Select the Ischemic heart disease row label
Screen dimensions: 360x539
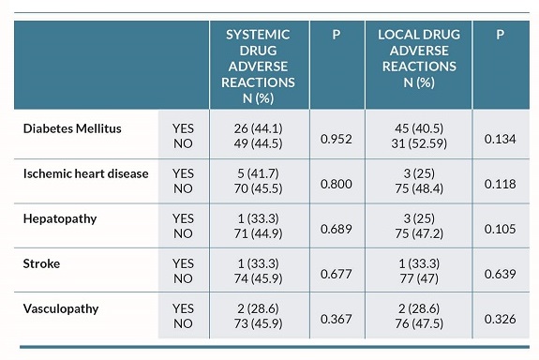pyautogui.click(x=85, y=173)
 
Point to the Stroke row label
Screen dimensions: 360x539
pyautogui.click(x=42, y=263)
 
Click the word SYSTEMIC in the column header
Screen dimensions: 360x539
pyautogui.click(x=258, y=35)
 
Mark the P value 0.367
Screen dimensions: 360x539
pyautogui.click(x=337, y=320)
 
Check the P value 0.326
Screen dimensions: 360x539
pyautogui.click(x=500, y=320)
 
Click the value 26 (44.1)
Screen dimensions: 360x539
pyautogui.click(x=259, y=129)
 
